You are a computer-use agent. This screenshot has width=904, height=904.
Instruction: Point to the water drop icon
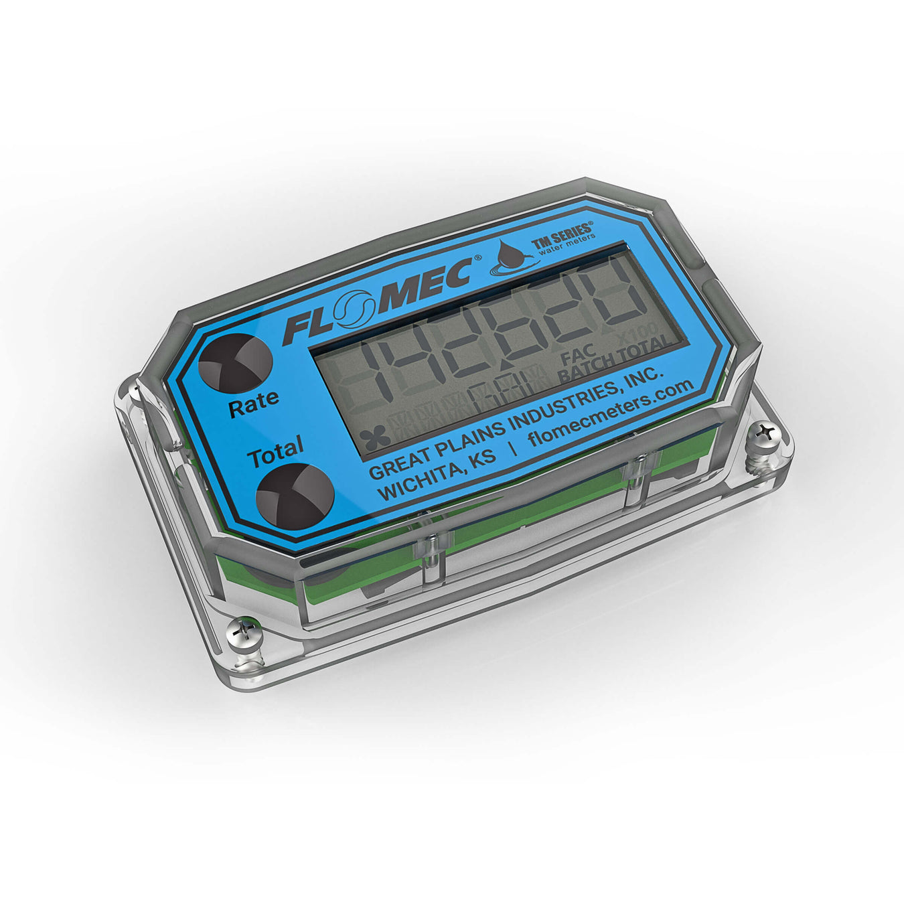click(x=512, y=257)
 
